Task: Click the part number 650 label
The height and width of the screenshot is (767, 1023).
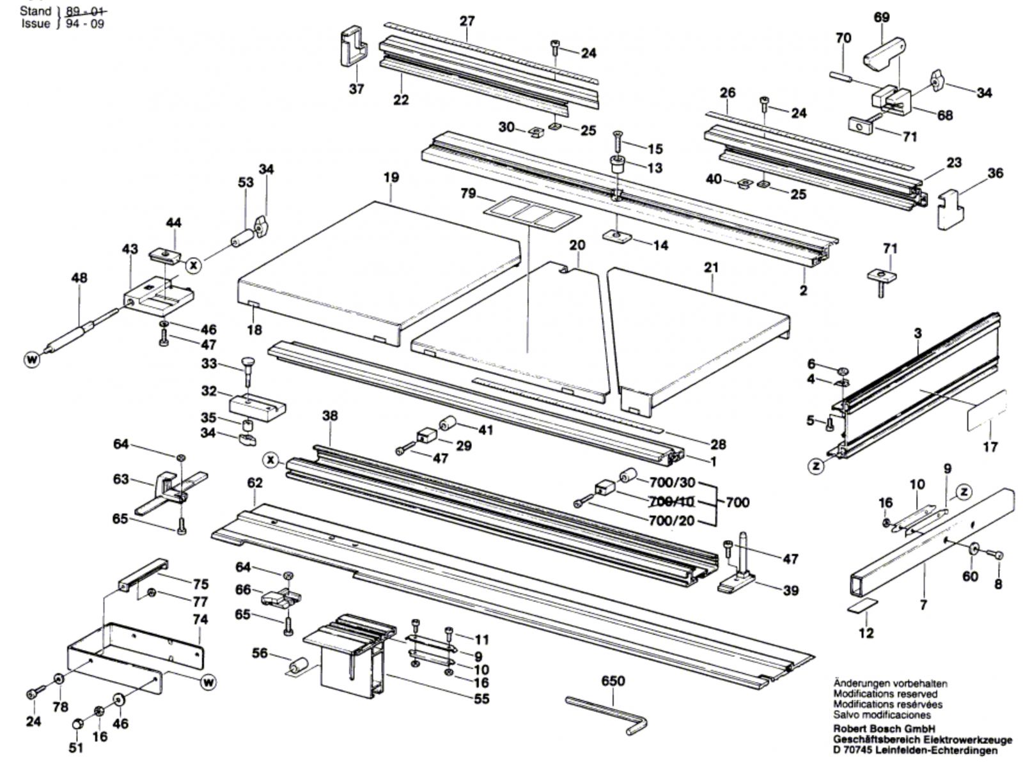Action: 613,681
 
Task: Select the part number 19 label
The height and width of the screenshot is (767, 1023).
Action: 391,177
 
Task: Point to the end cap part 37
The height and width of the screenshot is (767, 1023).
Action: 351,46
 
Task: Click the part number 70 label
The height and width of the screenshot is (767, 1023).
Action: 843,38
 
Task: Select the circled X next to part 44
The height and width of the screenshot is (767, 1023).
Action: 194,264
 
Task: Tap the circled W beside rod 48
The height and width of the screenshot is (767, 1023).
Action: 32,360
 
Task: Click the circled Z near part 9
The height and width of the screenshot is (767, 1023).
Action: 963,492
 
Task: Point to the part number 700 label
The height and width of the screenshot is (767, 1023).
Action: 737,502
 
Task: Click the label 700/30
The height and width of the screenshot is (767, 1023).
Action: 672,483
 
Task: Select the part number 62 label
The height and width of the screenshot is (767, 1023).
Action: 254,483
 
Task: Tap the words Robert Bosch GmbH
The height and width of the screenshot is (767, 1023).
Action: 884,729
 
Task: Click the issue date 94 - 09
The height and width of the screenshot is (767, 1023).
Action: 81,24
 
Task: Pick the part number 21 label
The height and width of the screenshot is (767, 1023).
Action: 712,267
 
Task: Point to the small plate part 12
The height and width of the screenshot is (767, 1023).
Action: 863,605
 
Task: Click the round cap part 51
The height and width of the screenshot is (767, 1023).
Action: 77,724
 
